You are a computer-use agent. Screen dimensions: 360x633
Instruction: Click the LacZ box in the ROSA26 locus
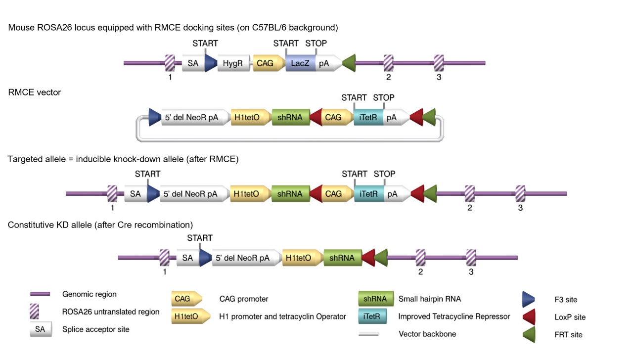(300, 63)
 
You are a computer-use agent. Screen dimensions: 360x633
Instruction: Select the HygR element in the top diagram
(233, 63)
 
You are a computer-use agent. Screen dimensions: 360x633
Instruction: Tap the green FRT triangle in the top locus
(349, 63)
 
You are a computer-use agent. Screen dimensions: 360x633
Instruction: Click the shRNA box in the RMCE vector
(290, 118)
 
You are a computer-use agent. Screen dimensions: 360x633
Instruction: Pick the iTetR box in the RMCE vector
(368, 118)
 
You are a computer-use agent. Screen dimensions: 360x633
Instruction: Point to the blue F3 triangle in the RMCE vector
(155, 118)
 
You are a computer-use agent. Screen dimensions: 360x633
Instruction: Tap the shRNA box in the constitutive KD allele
(342, 258)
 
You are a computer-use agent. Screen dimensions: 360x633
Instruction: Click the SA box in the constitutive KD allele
(187, 258)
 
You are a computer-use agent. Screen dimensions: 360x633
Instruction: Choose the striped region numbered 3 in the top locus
(439, 63)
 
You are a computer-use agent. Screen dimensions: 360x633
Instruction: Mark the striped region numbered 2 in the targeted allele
(469, 194)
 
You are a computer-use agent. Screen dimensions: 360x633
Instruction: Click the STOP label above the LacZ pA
(316, 44)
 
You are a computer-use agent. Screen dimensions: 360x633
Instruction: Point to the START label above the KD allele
(200, 238)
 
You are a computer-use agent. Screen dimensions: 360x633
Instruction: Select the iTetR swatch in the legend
(371, 316)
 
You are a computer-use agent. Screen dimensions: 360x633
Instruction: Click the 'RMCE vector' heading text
(35, 92)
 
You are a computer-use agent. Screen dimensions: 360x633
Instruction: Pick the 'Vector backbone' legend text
(427, 334)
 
